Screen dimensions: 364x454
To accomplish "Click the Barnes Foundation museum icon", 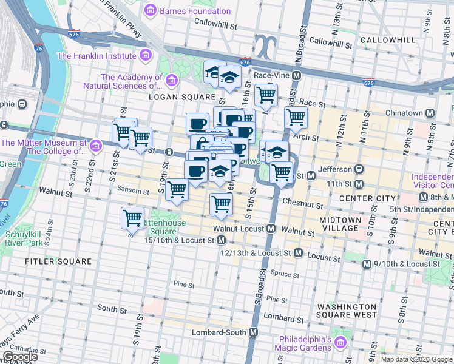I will point(150,11).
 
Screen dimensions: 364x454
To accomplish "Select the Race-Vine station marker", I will point(297,76).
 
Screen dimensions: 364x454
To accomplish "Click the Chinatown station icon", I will point(430,113).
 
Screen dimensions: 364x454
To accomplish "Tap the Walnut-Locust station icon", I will point(271,229).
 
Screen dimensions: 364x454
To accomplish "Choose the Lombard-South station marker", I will point(253,332).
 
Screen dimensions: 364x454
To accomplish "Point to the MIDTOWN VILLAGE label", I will point(340,223).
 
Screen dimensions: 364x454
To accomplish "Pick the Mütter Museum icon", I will point(95,147).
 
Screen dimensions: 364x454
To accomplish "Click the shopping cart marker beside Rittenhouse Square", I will point(132,218).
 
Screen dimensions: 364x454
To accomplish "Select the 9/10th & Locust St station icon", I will point(367,264).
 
